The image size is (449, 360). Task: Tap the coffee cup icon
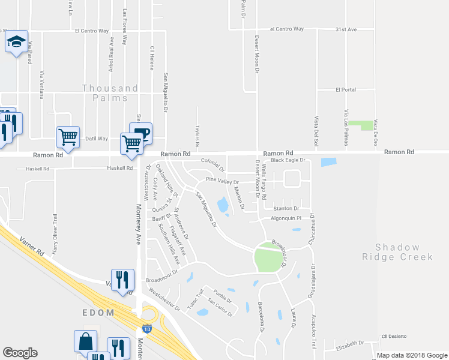(140, 133)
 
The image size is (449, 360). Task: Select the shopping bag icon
(85, 340)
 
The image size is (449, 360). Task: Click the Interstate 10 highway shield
(147, 329)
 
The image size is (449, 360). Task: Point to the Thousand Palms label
(110, 92)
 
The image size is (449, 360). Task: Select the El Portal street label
(346, 89)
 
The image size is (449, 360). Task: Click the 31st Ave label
(346, 29)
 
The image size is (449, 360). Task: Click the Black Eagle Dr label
(288, 160)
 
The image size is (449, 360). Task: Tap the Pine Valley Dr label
(222, 181)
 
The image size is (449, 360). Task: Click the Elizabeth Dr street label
(350, 344)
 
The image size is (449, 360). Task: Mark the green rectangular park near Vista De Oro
(361, 125)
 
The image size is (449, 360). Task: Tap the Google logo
(20, 353)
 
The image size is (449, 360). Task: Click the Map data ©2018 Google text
(411, 355)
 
